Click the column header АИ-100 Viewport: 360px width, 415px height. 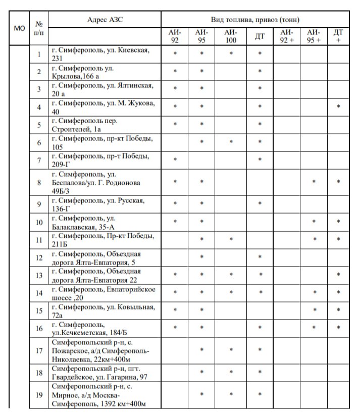click(231, 36)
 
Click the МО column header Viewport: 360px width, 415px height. click(19, 28)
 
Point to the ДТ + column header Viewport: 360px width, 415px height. click(338, 36)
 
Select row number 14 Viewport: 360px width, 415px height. click(39, 293)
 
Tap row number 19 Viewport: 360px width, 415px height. click(39, 395)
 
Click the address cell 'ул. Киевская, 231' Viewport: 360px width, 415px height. click(105, 54)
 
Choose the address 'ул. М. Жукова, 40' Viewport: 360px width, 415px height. click(105, 108)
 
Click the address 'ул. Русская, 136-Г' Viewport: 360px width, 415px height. click(105, 204)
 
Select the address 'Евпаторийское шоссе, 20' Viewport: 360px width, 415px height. click(105, 293)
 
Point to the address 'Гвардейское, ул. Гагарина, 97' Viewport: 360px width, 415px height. click(105, 373)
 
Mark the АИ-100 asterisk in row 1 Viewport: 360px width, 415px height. click(231, 53)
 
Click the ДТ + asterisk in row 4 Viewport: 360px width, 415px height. click(338, 107)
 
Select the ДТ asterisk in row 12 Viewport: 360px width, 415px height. click(260, 257)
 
